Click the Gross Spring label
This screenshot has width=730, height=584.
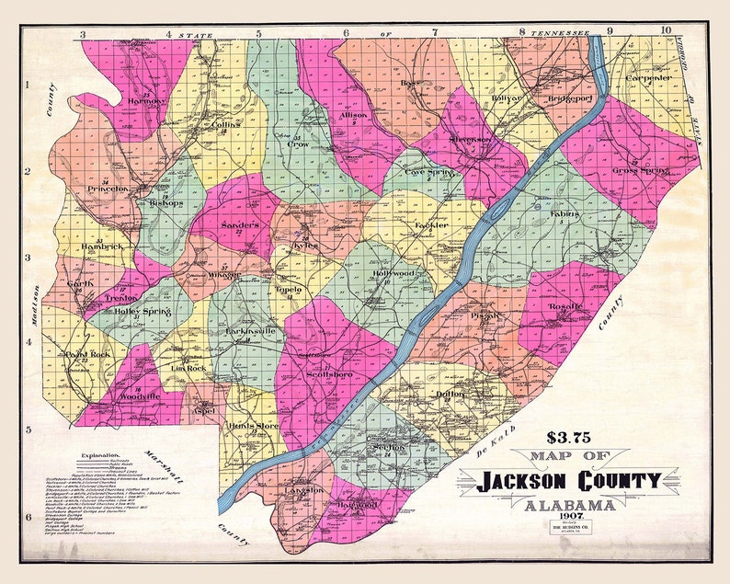(640, 170)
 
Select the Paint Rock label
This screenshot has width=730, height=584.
(87, 354)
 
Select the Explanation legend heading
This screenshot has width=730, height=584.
(101, 455)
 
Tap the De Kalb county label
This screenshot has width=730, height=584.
(497, 441)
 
